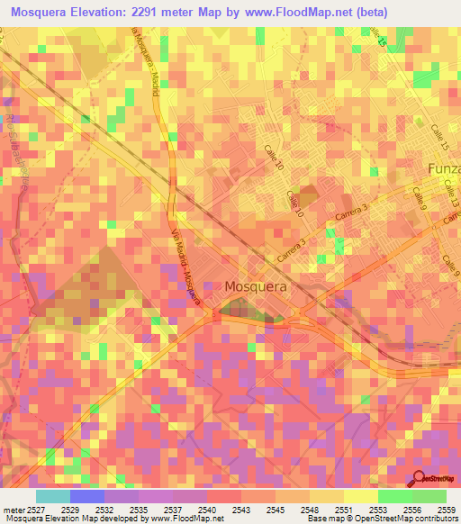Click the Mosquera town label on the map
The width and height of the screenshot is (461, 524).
point(256,286)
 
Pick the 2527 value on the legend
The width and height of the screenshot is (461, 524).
point(35,509)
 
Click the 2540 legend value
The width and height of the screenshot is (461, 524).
point(207,509)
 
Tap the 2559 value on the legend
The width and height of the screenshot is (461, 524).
point(447,509)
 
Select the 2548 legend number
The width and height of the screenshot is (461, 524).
point(311,509)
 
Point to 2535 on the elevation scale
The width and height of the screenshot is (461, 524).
point(138,509)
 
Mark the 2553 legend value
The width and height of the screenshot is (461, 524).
point(378,509)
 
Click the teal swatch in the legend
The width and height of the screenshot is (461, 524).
point(53,496)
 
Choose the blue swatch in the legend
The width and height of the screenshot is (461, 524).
point(87,496)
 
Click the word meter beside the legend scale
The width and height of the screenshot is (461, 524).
point(13,509)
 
